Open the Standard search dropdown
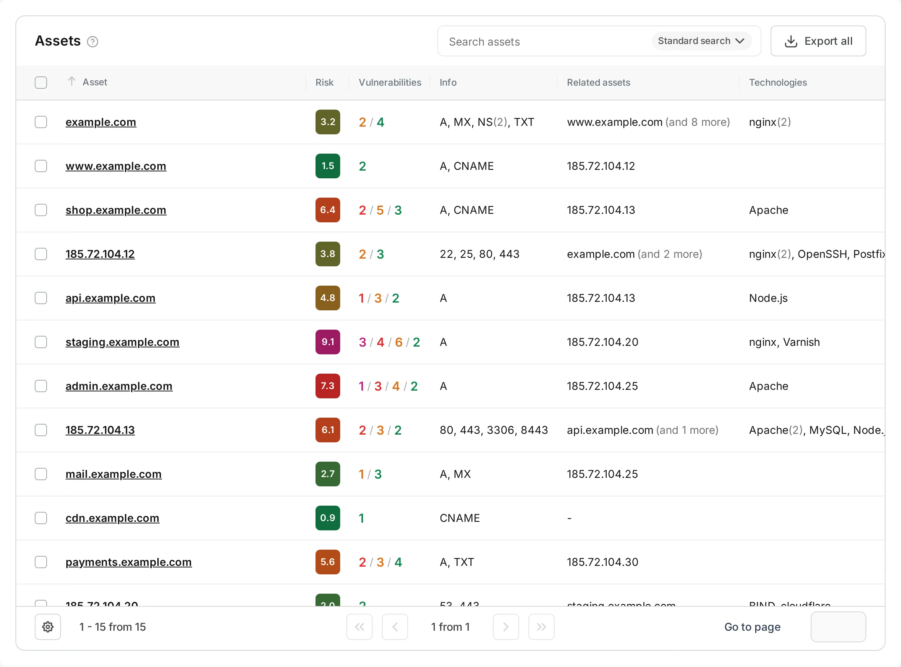click(x=701, y=41)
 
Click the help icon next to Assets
click(x=93, y=42)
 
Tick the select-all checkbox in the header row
click(x=41, y=82)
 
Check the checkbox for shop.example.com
click(x=41, y=210)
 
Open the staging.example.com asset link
click(x=122, y=342)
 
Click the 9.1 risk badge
click(x=327, y=342)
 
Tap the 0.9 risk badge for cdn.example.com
click(x=327, y=518)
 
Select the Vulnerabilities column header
click(x=390, y=82)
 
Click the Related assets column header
click(x=598, y=82)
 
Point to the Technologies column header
click(x=778, y=82)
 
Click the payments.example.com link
click(x=128, y=562)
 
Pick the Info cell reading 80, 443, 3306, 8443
click(x=493, y=430)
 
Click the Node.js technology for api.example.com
click(x=768, y=298)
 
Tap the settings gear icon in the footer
click(x=47, y=626)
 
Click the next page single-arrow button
click(x=506, y=626)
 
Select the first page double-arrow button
click(x=359, y=626)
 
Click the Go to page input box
click(x=838, y=626)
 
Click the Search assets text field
click(x=545, y=42)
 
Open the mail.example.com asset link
click(x=113, y=474)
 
